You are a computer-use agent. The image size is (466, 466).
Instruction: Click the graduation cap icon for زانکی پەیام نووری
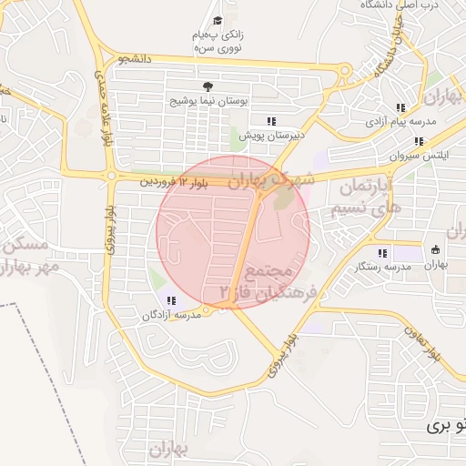pos(217,20)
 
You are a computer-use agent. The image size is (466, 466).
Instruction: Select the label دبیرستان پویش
pos(270,135)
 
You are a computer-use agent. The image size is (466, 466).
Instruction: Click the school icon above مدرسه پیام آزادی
pos(400,107)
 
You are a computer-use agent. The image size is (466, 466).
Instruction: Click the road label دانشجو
pos(134,59)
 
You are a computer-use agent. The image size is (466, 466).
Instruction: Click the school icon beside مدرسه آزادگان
pos(170,300)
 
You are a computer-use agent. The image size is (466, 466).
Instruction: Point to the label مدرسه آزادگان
pos(170,315)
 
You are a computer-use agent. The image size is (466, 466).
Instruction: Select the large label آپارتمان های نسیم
pos(368,197)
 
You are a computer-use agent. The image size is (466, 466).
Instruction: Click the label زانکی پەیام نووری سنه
pos(218,41)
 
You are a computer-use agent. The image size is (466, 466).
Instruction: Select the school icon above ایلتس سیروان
pos(419,141)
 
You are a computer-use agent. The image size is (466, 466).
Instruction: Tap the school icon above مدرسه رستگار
pos(381,251)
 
